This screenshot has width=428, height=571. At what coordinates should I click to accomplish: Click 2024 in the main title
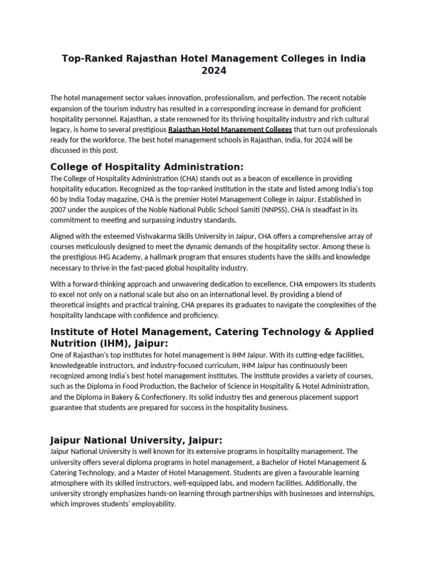pyautogui.click(x=214, y=71)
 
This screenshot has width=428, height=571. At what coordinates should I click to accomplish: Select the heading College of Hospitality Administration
pyautogui.click(x=147, y=167)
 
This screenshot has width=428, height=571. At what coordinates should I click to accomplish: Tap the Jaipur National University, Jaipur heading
pyautogui.click(x=136, y=440)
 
